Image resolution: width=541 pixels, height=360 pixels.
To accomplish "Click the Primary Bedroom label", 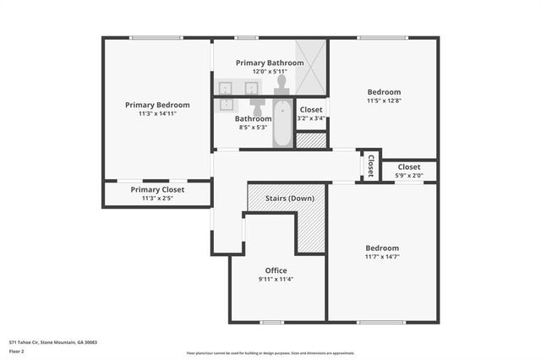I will pyautogui.click(x=157, y=105).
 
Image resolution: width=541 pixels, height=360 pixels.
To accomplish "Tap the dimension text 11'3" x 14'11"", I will pyautogui.click(x=157, y=114).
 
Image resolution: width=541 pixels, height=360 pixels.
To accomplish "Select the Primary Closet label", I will pyautogui.click(x=157, y=190).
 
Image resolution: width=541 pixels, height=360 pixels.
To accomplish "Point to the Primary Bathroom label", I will pyautogui.click(x=270, y=63).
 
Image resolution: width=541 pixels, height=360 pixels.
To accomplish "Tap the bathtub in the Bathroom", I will pyautogui.click(x=283, y=124).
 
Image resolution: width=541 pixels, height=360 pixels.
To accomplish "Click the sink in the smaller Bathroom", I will pyautogui.click(x=227, y=105).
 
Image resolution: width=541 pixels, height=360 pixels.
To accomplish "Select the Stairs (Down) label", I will pyautogui.click(x=290, y=199).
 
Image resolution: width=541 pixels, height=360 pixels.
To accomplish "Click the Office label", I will pyautogui.click(x=276, y=270).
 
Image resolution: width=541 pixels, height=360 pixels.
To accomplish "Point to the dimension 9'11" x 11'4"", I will pyautogui.click(x=276, y=279).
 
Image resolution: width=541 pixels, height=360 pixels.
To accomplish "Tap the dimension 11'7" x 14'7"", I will pyautogui.click(x=382, y=257).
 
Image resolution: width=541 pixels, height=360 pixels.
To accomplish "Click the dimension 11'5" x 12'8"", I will pyautogui.click(x=383, y=101).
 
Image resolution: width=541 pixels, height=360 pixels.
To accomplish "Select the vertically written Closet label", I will pyautogui.click(x=370, y=166).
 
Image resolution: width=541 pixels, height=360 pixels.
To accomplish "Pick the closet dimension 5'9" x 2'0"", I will pyautogui.click(x=409, y=176).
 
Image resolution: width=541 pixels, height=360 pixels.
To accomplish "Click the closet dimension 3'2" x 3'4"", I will pyautogui.click(x=311, y=118).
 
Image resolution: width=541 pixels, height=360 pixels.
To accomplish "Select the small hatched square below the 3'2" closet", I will pyautogui.click(x=311, y=140).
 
